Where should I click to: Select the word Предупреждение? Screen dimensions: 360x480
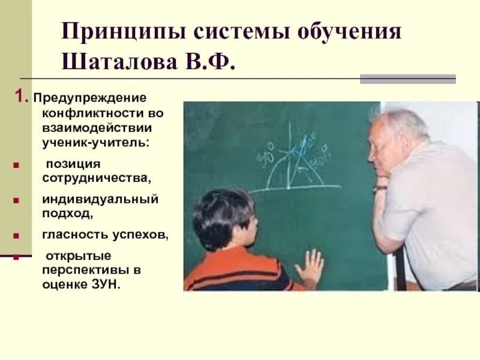coord(89,97)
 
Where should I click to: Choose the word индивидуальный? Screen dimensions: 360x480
coord(100,199)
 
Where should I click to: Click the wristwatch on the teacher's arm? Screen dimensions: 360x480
coord(379,188)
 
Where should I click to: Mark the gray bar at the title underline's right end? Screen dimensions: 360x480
coord(407,79)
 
